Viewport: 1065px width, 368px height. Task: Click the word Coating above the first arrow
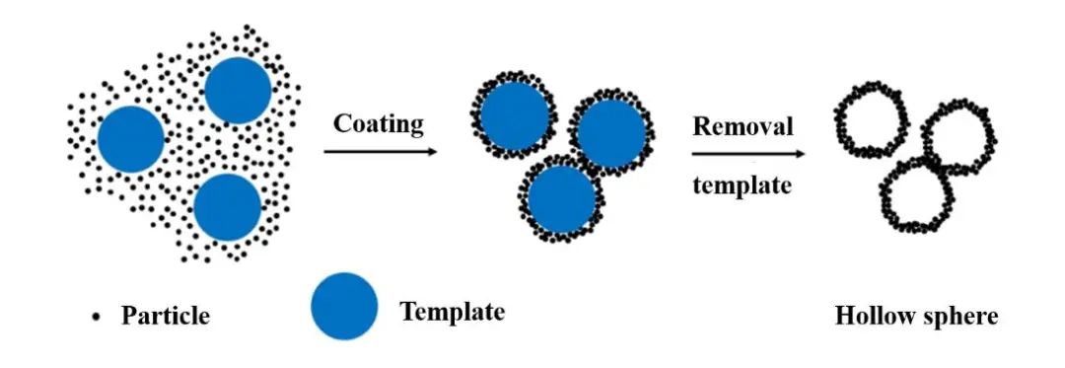click(x=379, y=124)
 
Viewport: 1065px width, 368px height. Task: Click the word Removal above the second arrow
click(x=744, y=126)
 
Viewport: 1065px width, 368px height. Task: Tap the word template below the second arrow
click(x=743, y=184)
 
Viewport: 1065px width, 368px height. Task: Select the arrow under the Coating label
click(x=381, y=151)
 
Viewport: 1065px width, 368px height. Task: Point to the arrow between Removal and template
click(x=748, y=154)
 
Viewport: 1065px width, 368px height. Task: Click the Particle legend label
click(x=165, y=316)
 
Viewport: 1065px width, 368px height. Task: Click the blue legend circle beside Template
click(x=344, y=306)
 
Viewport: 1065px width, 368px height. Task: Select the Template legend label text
click(x=453, y=312)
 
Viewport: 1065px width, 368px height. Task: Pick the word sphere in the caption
click(x=957, y=317)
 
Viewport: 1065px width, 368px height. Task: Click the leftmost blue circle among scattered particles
click(x=131, y=139)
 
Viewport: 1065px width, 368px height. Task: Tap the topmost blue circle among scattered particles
click(x=238, y=91)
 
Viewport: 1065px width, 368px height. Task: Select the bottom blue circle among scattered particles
click(x=228, y=207)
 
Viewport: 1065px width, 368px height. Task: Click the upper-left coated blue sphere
click(x=514, y=116)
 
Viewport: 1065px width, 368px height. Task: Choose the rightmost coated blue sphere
click(x=611, y=133)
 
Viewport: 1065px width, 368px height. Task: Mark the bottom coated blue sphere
click(x=561, y=197)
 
